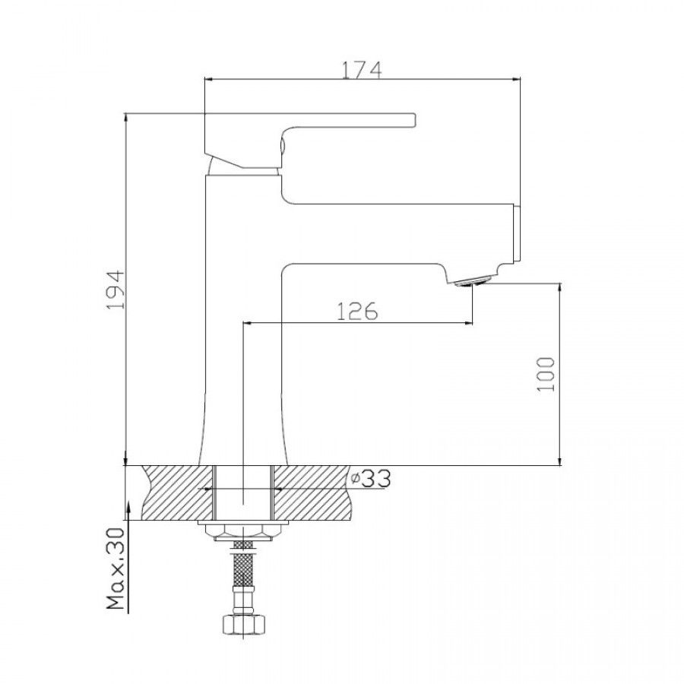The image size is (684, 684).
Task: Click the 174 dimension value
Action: [361, 70]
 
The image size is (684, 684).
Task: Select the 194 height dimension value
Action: [116, 290]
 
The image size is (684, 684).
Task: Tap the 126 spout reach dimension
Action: [357, 311]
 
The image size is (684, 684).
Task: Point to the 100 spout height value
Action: [546, 374]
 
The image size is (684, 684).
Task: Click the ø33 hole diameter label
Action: [371, 479]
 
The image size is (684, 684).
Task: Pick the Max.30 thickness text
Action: [116, 568]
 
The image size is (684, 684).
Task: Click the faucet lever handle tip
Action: [413, 120]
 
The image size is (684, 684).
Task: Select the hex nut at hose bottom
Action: [243, 624]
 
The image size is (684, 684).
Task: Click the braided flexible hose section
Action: [243, 562]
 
